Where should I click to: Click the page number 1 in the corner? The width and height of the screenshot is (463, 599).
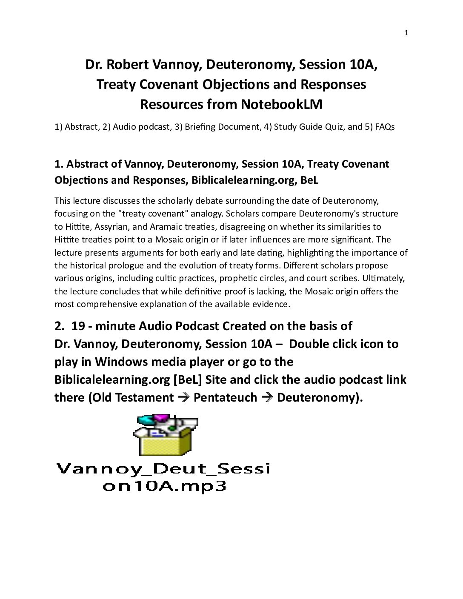click(x=406, y=33)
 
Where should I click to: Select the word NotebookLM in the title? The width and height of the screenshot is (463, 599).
click(x=281, y=104)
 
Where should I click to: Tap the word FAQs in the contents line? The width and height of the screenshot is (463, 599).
click(x=385, y=127)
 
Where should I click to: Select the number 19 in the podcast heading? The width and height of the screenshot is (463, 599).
click(x=78, y=326)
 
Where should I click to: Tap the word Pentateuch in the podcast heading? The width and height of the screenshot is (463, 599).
click(x=225, y=398)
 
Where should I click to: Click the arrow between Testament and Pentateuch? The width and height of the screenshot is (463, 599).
click(x=183, y=398)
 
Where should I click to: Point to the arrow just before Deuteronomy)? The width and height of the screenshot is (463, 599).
click(x=267, y=398)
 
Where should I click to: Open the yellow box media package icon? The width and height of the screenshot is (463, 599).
click(x=166, y=435)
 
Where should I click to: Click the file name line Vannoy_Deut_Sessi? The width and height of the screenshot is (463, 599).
click(x=163, y=469)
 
